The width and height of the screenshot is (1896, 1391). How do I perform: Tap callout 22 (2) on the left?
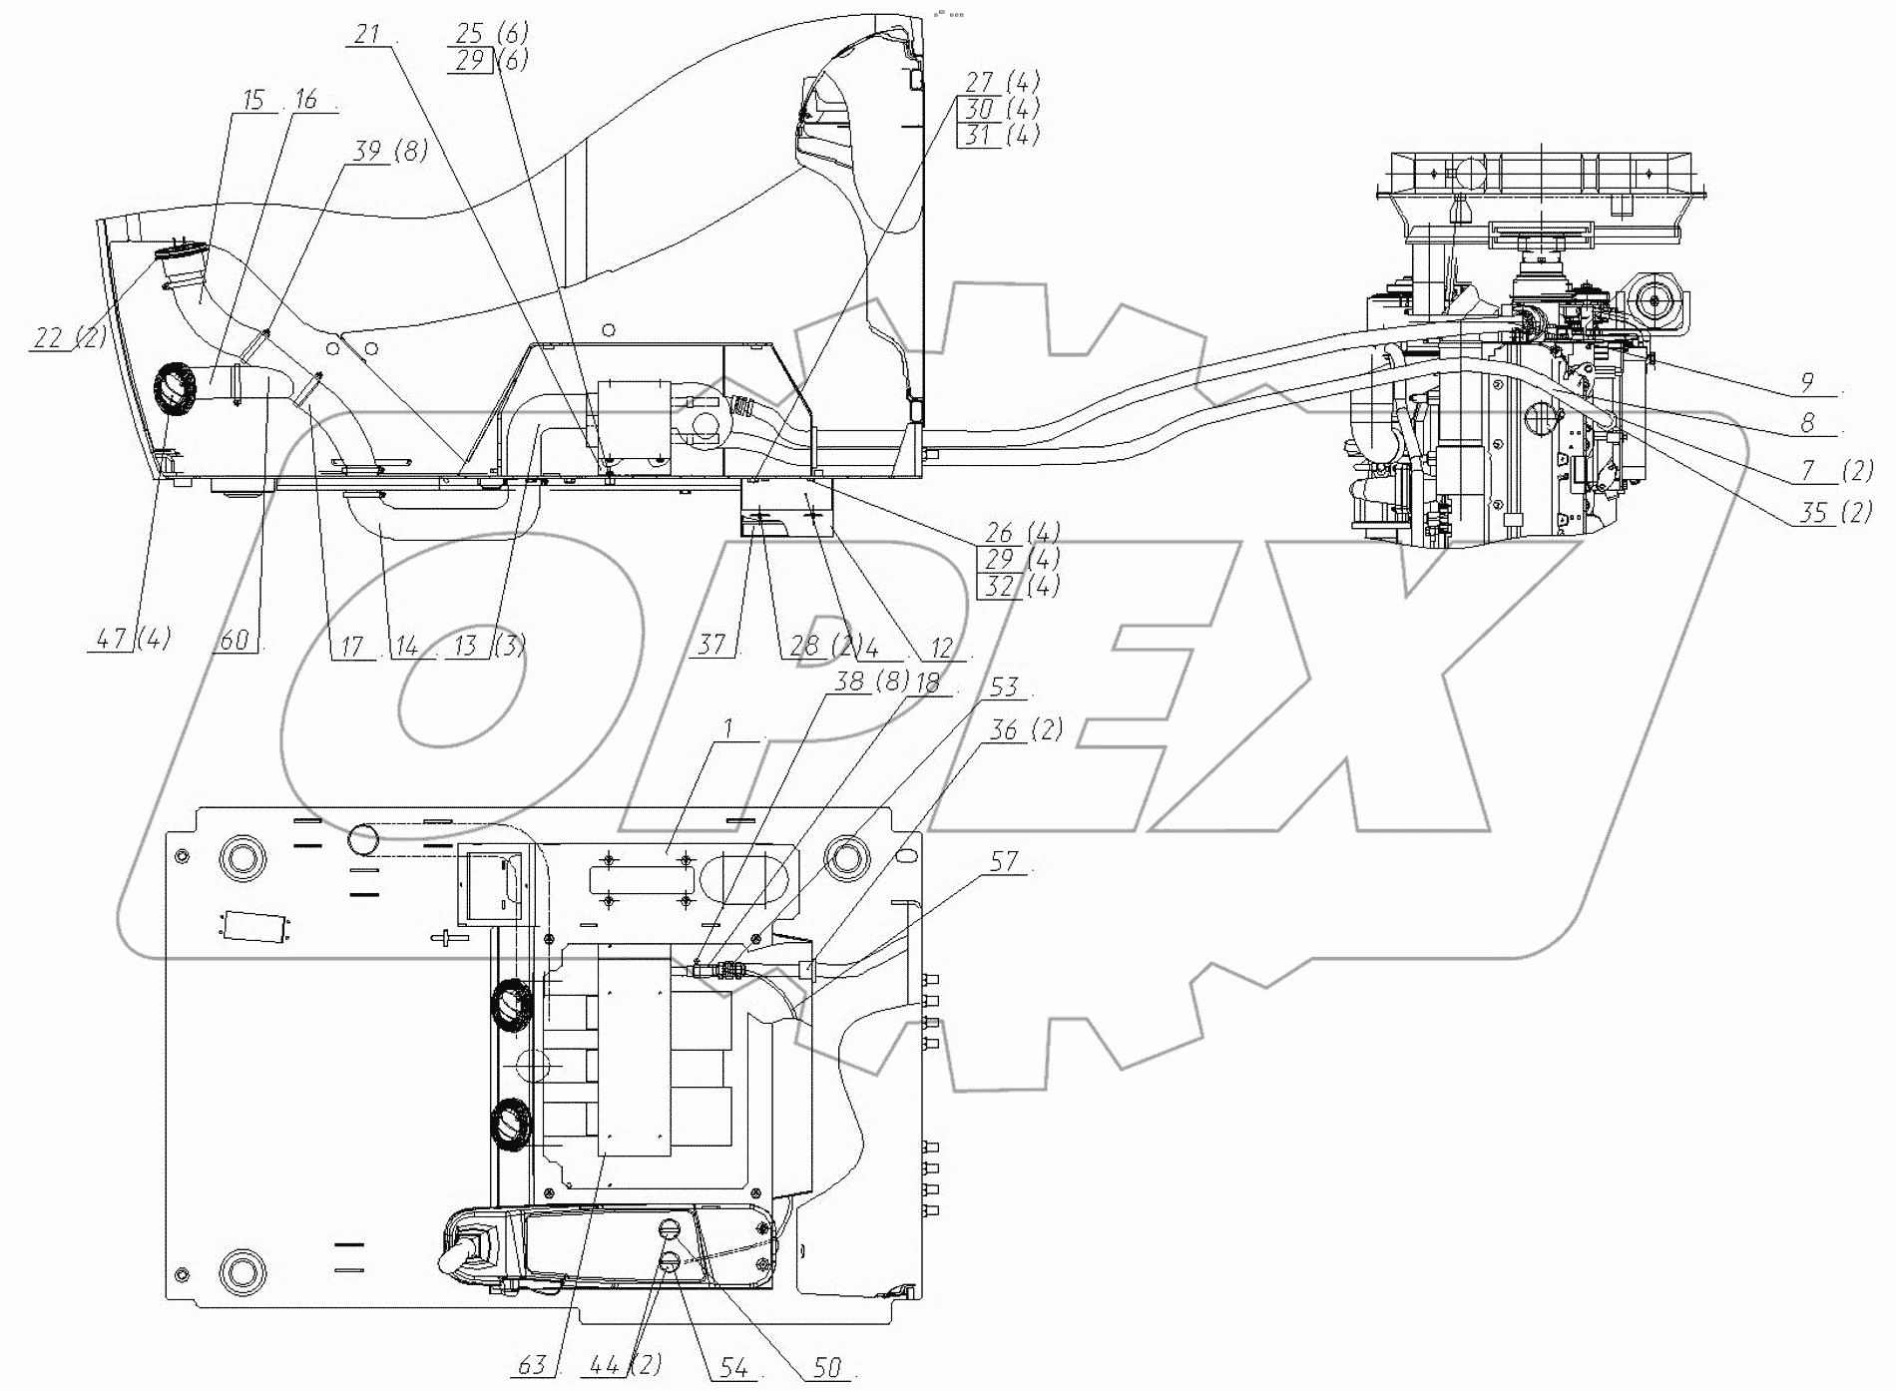pyautogui.click(x=68, y=337)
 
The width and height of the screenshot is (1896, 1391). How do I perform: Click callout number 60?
pyautogui.click(x=234, y=639)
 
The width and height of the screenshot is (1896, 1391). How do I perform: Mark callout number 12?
pyautogui.click(x=942, y=649)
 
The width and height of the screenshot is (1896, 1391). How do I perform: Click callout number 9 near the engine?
pyautogui.click(x=1807, y=381)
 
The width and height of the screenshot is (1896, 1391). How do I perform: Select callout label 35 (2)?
pyautogui.click(x=1834, y=512)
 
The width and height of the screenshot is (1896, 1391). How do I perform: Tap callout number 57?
pyautogui.click(x=1003, y=860)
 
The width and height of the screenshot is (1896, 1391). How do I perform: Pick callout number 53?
pyautogui.click(x=1003, y=688)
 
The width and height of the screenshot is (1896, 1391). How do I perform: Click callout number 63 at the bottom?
pyautogui.click(x=532, y=1363)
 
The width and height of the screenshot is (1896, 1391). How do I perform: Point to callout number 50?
pyautogui.click(x=827, y=1367)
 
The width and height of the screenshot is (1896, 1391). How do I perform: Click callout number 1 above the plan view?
pyautogui.click(x=729, y=729)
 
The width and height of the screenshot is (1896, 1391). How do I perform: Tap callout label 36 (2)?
pyautogui.click(x=1024, y=730)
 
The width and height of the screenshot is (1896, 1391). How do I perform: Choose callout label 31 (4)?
pyautogui.click(x=999, y=134)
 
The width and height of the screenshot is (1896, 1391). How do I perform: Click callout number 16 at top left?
pyautogui.click(x=305, y=99)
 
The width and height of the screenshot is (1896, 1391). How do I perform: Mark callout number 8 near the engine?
pyautogui.click(x=1807, y=423)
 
